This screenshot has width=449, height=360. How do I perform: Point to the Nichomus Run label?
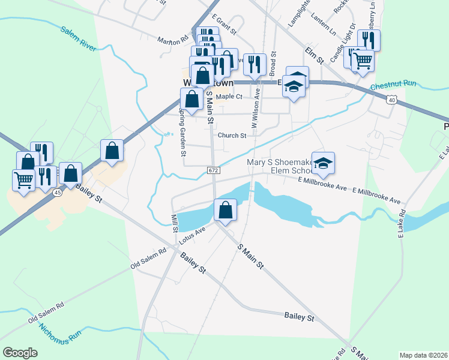(61, 335)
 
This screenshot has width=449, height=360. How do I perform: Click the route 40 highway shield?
(391, 100)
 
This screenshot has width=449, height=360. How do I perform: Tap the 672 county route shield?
(214, 170)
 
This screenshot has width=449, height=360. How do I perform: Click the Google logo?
(20, 353)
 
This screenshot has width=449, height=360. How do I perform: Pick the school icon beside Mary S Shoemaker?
(323, 164)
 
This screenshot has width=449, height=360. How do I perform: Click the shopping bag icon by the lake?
(225, 211)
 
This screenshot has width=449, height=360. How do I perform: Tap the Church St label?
(232, 136)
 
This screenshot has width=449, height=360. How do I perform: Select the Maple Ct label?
(229, 97)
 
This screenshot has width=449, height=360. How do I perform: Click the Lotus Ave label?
(192, 236)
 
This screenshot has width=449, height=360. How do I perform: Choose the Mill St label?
(175, 224)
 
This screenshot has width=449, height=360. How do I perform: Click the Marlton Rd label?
(173, 41)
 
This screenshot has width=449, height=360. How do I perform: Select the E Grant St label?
(224, 27)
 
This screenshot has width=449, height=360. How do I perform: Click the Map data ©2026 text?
(423, 355)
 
